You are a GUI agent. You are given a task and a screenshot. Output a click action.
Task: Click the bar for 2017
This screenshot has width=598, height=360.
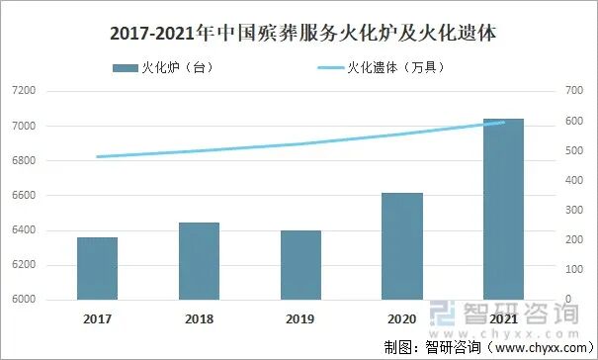tap(97, 268)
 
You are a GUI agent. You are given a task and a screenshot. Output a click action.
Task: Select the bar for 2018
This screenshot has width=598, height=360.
tap(199, 261)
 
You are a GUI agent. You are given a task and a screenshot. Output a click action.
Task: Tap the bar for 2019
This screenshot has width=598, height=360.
tap(300, 265)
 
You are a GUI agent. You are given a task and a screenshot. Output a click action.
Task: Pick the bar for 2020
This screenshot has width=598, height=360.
tap(402, 246)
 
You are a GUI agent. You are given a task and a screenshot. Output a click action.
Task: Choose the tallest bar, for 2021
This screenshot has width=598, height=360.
tap(503, 209)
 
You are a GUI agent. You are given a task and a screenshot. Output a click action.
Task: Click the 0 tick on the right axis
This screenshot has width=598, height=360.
tap(567, 300)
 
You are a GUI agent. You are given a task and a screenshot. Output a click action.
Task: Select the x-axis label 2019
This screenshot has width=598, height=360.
tap(300, 319)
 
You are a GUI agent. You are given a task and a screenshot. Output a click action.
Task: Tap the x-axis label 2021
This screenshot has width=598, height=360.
tap(503, 319)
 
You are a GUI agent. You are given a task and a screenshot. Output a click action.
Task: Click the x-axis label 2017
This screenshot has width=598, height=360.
tap(97, 319)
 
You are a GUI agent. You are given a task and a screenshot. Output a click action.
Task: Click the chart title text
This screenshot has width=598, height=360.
tap(298, 33)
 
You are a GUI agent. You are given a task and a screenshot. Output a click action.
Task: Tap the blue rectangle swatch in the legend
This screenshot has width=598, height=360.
tap(127, 67)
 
